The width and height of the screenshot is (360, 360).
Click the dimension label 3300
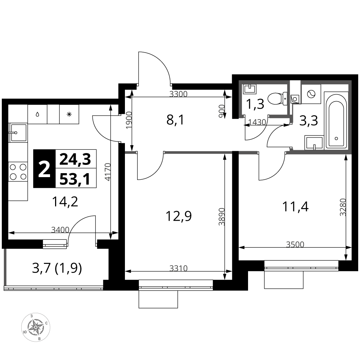[x=178, y=94]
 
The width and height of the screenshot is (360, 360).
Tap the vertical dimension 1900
[x=129, y=120]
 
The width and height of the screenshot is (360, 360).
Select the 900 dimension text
[x=222, y=112]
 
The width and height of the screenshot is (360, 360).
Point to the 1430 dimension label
[x=257, y=122]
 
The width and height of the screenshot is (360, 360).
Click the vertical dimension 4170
[x=108, y=172]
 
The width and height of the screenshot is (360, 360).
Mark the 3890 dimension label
[x=222, y=216]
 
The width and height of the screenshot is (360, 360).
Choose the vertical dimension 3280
[x=343, y=207]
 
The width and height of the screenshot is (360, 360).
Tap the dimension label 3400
[x=60, y=230]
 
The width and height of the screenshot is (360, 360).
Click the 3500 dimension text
[x=295, y=245]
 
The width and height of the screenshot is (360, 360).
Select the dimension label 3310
[x=178, y=269]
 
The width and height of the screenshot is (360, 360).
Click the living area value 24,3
[x=75, y=159]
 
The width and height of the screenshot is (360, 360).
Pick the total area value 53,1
[x=75, y=179]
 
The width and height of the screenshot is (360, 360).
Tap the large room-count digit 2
[x=44, y=170]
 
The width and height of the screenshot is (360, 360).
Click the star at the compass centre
[x=36, y=327]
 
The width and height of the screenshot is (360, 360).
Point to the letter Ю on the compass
[x=24, y=332]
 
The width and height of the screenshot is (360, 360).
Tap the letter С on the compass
[x=46, y=323]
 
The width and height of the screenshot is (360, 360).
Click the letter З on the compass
[x=32, y=316]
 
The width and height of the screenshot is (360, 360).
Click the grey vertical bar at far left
[x=5, y=267]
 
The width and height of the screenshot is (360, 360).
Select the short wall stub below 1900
[x=130, y=153]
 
